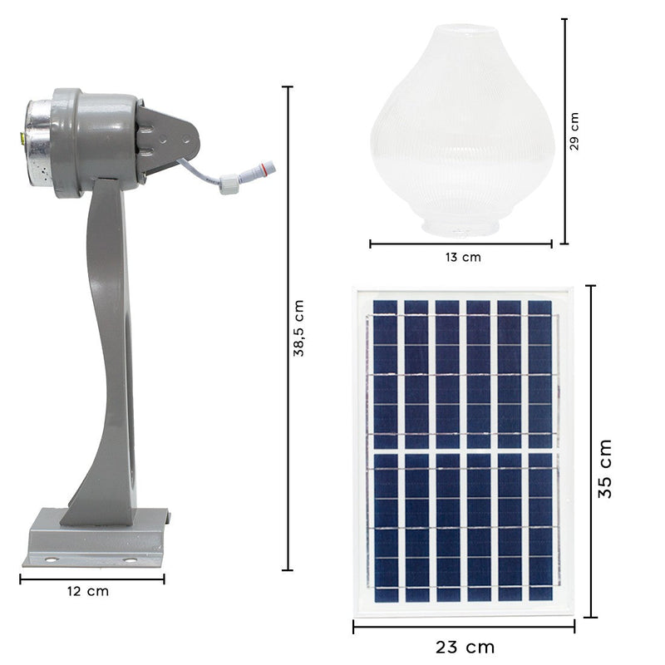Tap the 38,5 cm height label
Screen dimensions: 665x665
point(298,328)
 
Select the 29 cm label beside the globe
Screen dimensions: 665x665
point(574,131)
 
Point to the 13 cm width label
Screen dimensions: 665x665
point(461,257)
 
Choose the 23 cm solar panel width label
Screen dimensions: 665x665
point(464,646)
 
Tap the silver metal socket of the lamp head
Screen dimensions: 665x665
point(36,143)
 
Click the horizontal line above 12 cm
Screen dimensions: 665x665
point(91,579)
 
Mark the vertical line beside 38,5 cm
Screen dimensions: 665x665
point(288,328)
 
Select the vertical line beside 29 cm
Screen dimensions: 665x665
point(564,131)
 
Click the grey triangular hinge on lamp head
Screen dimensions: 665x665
point(170,137)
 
